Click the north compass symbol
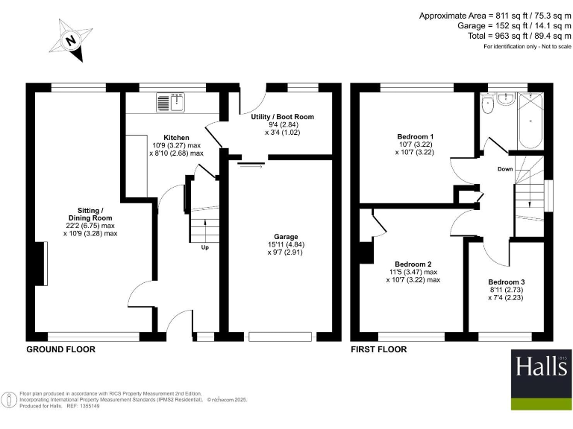pyautogui.click(x=71, y=39)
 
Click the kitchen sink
pyautogui.click(x=171, y=104)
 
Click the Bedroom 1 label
pyautogui.click(x=415, y=137)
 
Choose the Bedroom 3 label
pyautogui.click(x=507, y=282)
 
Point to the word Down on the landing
pyautogui.click(x=505, y=169)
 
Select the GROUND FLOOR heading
pyautogui.click(x=60, y=349)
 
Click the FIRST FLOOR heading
pyautogui.click(x=379, y=349)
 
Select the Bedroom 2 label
pyautogui.click(x=413, y=264)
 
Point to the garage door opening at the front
pyautogui.click(x=280, y=337)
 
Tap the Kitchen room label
pyautogui.click(x=177, y=138)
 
